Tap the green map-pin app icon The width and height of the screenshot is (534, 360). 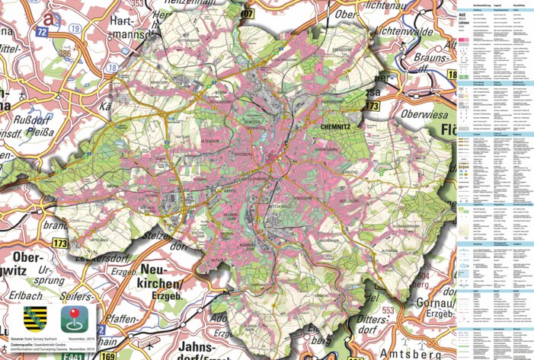coord(75,314)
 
